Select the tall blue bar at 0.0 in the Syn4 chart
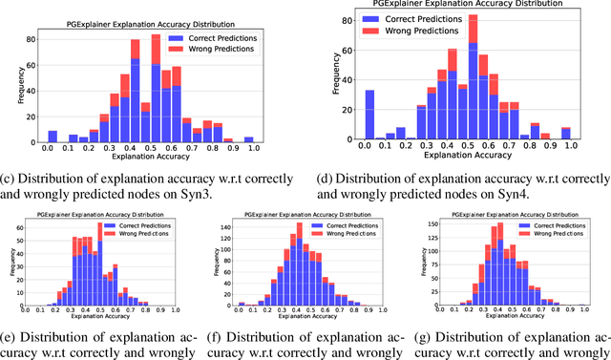(369, 116)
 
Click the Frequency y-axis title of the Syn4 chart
(334, 78)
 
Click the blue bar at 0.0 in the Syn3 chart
(53, 137)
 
